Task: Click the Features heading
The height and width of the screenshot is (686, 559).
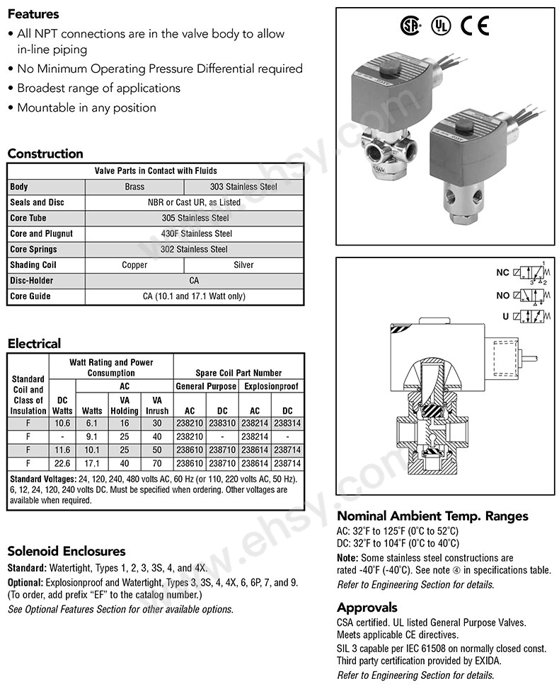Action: pyautogui.click(x=33, y=13)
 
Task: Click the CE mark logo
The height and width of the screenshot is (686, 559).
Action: pyautogui.click(x=474, y=25)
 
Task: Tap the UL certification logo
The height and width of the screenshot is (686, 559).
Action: pyautogui.click(x=440, y=26)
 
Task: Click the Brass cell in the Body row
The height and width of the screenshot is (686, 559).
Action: pyautogui.click(x=134, y=187)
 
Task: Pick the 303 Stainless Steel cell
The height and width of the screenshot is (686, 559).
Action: pyautogui.click(x=243, y=187)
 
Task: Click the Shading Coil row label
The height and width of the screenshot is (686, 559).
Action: pyautogui.click(x=33, y=265)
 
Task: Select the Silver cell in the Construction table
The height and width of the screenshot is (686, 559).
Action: pyautogui.click(x=243, y=265)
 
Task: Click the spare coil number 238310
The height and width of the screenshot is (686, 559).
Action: pyautogui.click(x=222, y=423)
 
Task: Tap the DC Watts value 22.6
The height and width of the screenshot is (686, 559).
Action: pyautogui.click(x=63, y=463)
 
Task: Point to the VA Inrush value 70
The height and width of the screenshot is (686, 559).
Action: pyautogui.click(x=157, y=463)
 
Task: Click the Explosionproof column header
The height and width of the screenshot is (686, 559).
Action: pyautogui.click(x=272, y=387)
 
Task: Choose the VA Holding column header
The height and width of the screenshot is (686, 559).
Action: pyautogui.click(x=125, y=405)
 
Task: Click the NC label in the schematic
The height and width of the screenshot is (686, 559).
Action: pyautogui.click(x=503, y=272)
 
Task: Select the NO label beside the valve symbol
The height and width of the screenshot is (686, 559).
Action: pyautogui.click(x=503, y=294)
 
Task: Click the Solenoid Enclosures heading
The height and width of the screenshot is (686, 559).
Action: pyautogui.click(x=66, y=551)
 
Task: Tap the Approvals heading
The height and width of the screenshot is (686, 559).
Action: pyautogui.click(x=367, y=607)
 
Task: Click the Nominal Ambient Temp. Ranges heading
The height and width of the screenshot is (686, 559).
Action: pyautogui.click(x=432, y=516)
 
